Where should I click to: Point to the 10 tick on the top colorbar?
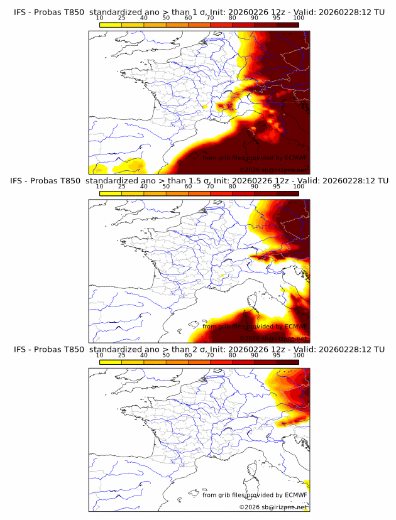pos(100,18)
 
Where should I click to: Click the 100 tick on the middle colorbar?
pos(299,187)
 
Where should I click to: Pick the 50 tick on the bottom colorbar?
pos(166,355)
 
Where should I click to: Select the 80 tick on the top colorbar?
pos(233,18)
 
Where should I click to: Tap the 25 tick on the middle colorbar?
pos(122,187)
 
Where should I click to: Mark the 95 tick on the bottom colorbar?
pos(277,355)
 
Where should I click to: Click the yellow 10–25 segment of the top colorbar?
pos(111,24)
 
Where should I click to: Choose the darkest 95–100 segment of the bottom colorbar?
pos(287,361)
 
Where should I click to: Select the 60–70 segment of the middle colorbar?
pos(199,193)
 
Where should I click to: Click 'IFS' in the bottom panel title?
pos(20,349)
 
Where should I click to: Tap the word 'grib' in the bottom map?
pos(228,495)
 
